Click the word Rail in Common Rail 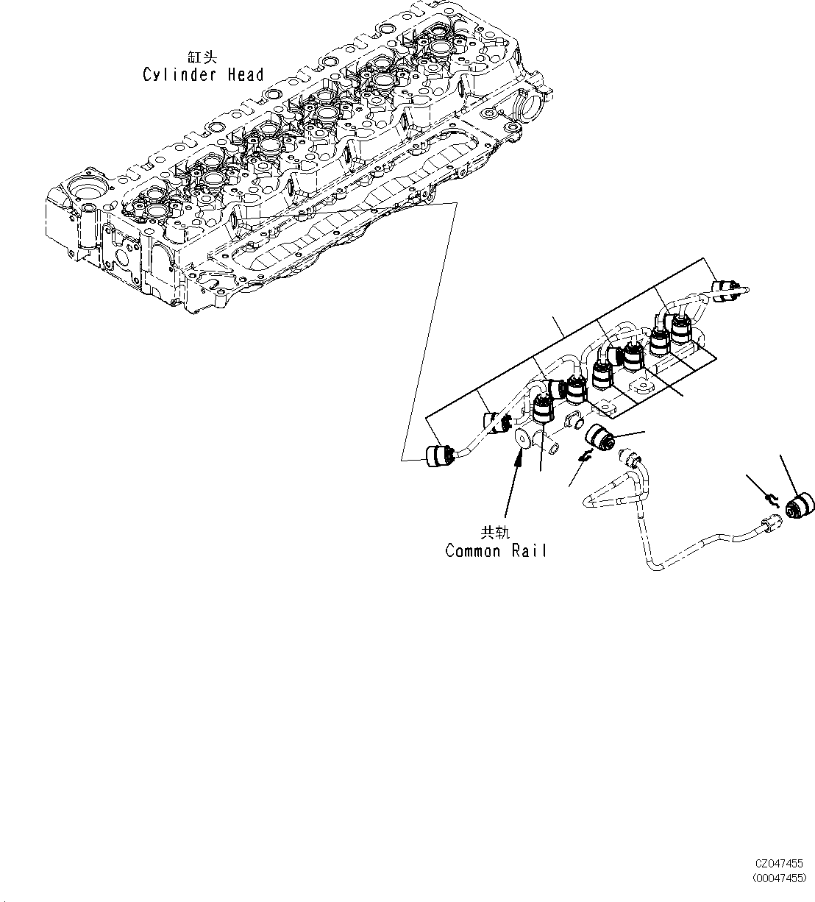pos(530,551)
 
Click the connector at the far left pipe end pos(438,455)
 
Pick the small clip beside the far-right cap pos(772,500)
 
